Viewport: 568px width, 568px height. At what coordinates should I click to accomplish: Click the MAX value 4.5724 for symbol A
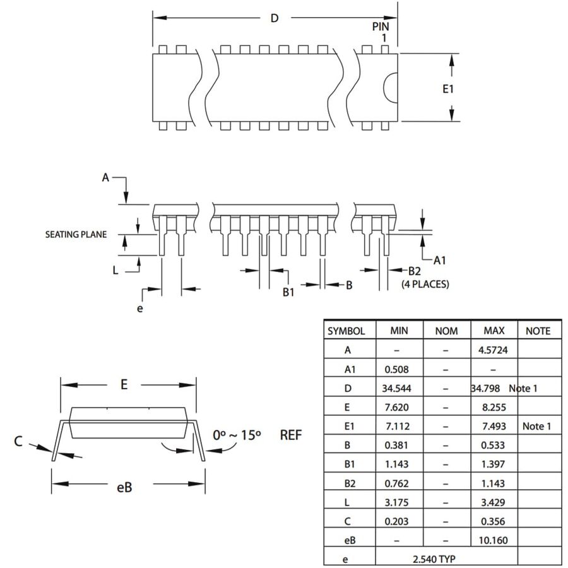493,350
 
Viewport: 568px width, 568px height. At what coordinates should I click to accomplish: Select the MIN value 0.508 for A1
396,369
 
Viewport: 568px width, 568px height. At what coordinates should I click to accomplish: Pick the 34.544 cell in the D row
396,388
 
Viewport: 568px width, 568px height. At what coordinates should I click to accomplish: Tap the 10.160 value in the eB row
493,540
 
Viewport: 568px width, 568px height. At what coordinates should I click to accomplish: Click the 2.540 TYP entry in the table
434,559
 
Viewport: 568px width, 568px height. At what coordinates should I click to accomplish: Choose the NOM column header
446,331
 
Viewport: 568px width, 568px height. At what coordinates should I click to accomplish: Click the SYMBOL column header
346,331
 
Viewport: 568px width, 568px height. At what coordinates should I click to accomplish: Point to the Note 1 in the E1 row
536,427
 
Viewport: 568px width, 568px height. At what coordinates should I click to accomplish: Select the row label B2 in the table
350,483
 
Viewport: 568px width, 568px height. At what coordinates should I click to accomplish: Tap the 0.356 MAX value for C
493,521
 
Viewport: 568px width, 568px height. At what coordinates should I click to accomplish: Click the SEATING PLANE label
76,234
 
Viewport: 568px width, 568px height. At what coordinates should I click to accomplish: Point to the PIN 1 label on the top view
381,32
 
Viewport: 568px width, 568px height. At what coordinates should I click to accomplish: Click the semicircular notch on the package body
390,87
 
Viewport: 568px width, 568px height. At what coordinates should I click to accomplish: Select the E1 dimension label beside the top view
448,89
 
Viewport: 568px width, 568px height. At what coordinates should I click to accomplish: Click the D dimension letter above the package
275,18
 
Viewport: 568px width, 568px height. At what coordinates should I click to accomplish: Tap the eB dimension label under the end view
124,487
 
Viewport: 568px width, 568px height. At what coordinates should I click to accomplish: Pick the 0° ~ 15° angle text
237,435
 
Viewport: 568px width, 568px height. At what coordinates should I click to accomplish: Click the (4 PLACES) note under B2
425,284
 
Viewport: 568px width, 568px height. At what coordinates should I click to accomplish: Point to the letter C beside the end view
18,441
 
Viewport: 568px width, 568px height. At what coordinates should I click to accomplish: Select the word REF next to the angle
291,435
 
